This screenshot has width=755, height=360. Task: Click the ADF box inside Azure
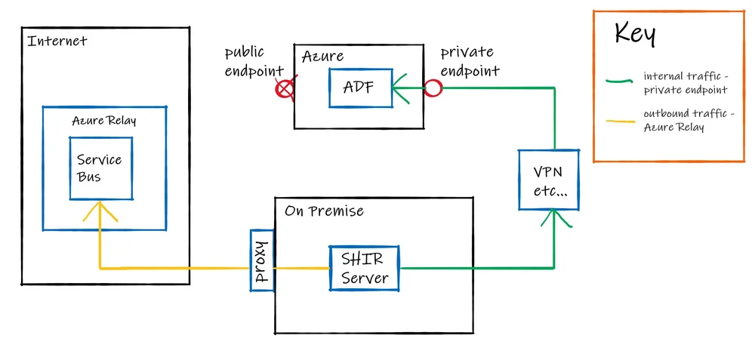[360, 88]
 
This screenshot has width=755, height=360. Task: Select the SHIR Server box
[365, 268]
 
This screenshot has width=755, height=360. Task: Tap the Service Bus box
[100, 168]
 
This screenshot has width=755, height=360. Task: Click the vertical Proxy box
[262, 261]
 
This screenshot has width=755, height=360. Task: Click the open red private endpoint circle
[432, 88]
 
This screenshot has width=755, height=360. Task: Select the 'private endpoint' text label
[470, 62]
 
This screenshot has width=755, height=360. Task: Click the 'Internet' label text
[57, 41]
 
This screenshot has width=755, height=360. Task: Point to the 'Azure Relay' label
[104, 121]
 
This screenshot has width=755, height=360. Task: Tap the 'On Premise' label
[324, 211]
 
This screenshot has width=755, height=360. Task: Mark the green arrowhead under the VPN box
[554, 220]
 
